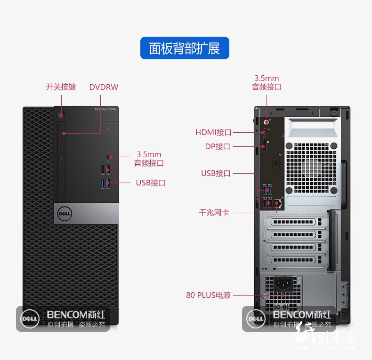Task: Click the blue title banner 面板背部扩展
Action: pyautogui.click(x=185, y=48)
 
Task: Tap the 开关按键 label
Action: pyautogui.click(x=61, y=87)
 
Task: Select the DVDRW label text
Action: pyautogui.click(x=104, y=87)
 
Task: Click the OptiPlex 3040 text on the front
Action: pyautogui.click(x=105, y=110)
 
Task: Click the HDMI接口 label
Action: pyautogui.click(x=213, y=132)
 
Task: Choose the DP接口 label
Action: pyautogui.click(x=218, y=146)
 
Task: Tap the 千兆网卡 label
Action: pyautogui.click(x=214, y=212)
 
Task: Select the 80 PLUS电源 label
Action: pyautogui.click(x=208, y=296)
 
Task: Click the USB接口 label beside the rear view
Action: pyautogui.click(x=216, y=173)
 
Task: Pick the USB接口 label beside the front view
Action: pyautogui.click(x=151, y=183)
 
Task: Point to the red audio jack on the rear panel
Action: pyautogui.click(x=266, y=121)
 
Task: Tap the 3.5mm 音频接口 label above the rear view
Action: pyautogui.click(x=267, y=82)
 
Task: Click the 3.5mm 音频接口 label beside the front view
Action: pyautogui.click(x=149, y=159)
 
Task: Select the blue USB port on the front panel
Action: pyautogui.click(x=103, y=183)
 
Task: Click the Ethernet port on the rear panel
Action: pyautogui.click(x=278, y=203)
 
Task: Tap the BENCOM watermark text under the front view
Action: pyautogui.click(x=76, y=314)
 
